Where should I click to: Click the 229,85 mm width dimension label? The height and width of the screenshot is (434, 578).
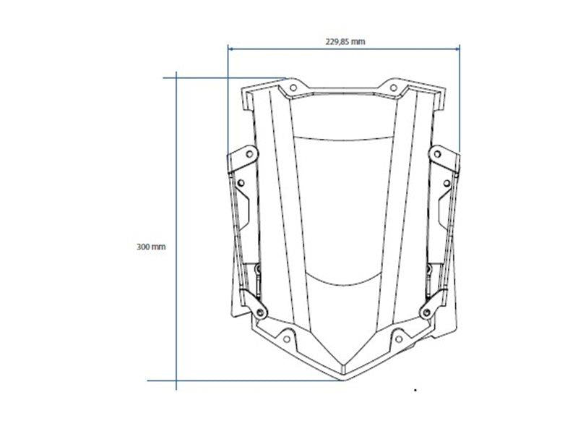pos(345,41)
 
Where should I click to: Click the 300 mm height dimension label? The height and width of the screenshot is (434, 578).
pos(151,247)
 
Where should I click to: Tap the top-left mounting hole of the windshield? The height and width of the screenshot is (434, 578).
pos(293,88)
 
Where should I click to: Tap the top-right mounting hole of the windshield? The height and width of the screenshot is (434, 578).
pos(393,88)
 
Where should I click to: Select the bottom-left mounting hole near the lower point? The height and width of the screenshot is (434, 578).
pos(286,339)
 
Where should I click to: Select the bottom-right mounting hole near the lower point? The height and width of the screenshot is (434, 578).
pos(399,339)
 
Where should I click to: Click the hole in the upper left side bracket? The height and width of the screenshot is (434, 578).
pos(249,153)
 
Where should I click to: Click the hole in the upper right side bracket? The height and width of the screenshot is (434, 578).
pos(437,153)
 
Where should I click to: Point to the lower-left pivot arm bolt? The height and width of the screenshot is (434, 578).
pos(261,312)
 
